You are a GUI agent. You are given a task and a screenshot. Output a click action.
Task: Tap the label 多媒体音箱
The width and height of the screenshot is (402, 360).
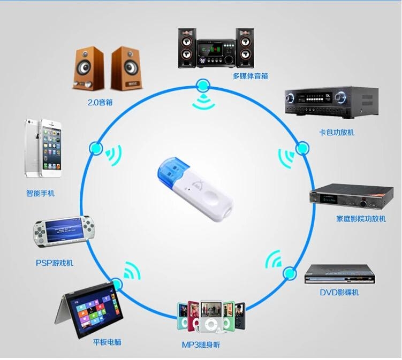250,76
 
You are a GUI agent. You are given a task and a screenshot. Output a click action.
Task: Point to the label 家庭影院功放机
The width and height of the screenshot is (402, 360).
361,219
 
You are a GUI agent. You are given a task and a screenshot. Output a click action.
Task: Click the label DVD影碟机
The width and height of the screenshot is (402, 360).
339,292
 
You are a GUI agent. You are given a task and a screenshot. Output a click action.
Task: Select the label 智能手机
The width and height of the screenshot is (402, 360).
41,193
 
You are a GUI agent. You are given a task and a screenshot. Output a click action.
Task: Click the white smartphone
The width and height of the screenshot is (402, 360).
42,149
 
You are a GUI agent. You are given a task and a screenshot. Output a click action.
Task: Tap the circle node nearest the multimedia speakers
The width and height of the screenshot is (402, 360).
203,85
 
